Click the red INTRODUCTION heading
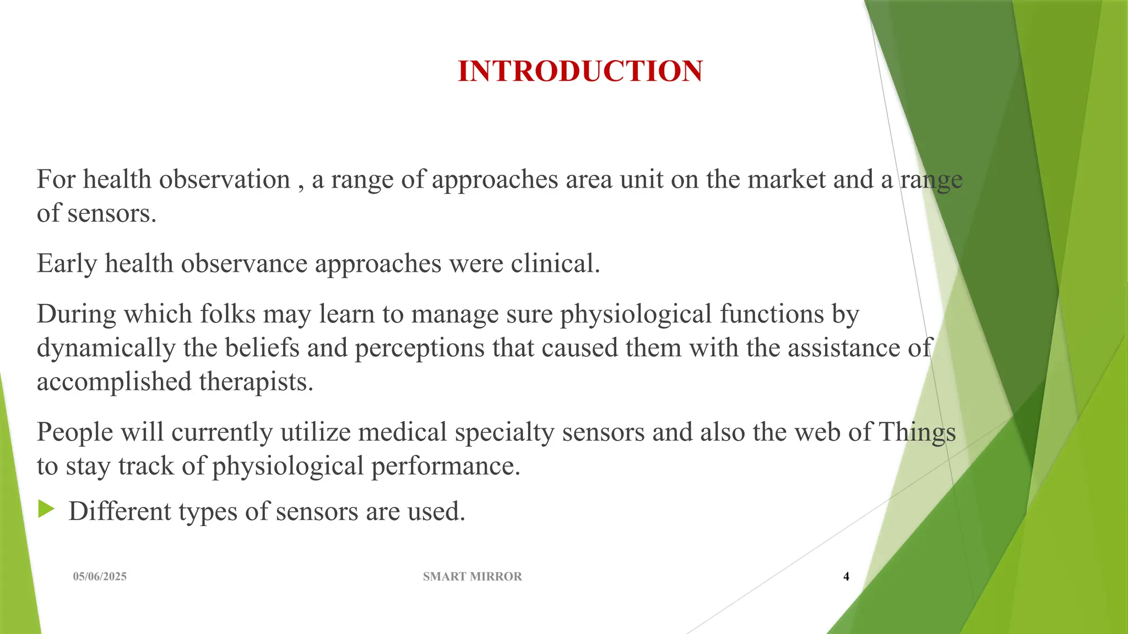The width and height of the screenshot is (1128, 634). (580, 72)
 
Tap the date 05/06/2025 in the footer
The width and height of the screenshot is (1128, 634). (100, 576)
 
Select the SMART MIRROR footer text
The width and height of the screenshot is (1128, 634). (472, 576)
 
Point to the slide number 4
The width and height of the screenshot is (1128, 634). (846, 576)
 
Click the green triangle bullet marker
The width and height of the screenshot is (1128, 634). (46, 510)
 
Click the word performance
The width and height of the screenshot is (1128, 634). (445, 466)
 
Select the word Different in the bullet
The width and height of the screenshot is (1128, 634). (120, 511)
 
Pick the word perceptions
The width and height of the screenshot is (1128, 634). (419, 348)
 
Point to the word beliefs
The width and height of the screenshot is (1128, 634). (262, 348)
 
